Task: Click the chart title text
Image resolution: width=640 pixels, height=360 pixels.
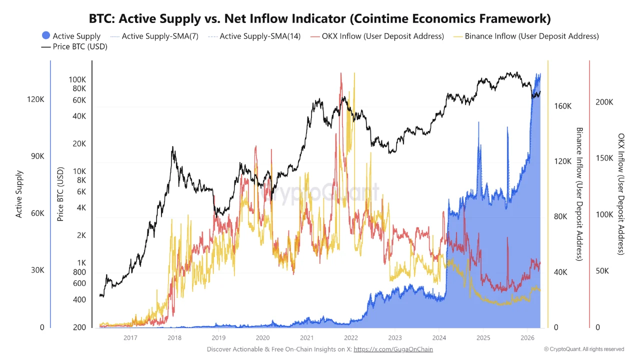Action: point(320,19)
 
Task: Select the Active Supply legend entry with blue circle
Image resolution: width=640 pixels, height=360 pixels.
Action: point(71,36)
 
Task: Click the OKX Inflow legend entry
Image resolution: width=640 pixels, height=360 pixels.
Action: point(377,36)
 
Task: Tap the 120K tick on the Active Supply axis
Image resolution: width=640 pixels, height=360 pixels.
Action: point(35,99)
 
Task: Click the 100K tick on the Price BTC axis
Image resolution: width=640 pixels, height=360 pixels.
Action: point(77,79)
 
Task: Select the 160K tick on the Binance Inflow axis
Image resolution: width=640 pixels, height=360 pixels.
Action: point(562,106)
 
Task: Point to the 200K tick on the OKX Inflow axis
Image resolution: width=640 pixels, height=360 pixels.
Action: point(604,102)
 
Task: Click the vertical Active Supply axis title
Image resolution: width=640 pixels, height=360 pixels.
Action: point(19,194)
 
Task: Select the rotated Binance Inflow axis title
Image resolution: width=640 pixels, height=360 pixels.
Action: point(579,194)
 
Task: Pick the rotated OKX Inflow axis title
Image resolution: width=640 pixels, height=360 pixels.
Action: point(621,194)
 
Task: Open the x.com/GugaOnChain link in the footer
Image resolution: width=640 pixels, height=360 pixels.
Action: point(393,349)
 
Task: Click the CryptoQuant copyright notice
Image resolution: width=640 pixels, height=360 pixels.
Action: point(583,349)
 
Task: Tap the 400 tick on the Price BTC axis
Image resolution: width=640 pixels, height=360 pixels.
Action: point(79,300)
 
